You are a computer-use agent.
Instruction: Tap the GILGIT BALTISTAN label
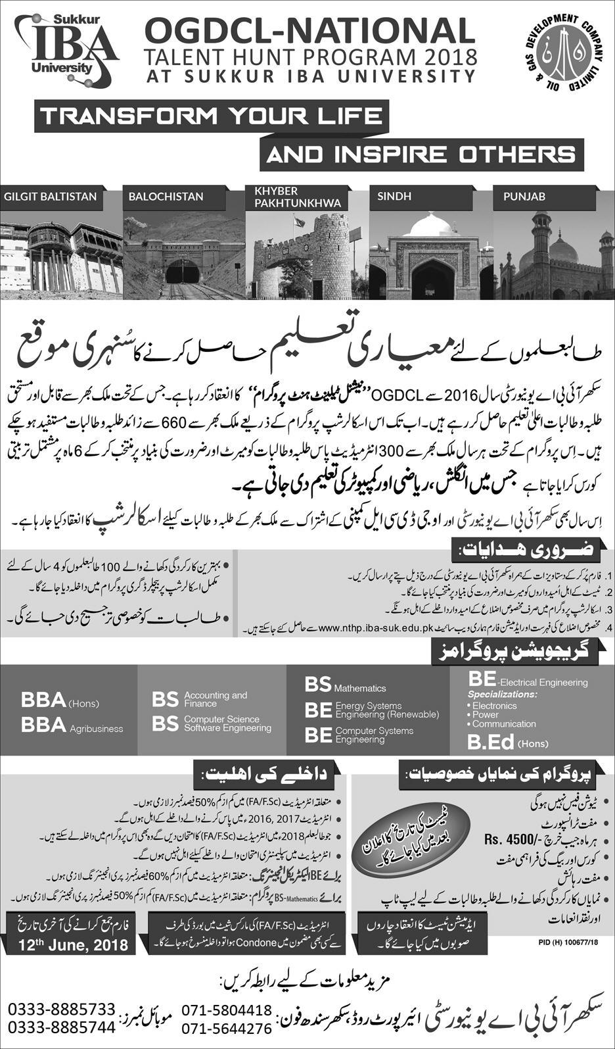(51, 196)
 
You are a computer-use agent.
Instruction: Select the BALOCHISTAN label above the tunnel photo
(166, 196)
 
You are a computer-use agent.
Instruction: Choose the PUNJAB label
(524, 196)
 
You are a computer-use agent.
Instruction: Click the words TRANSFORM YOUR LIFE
(211, 116)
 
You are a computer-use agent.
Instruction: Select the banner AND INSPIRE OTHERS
(421, 154)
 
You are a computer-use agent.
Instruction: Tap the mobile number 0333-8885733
(62, 1010)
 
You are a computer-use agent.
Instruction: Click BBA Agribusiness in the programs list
(72, 725)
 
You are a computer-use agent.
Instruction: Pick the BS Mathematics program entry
(345, 685)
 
